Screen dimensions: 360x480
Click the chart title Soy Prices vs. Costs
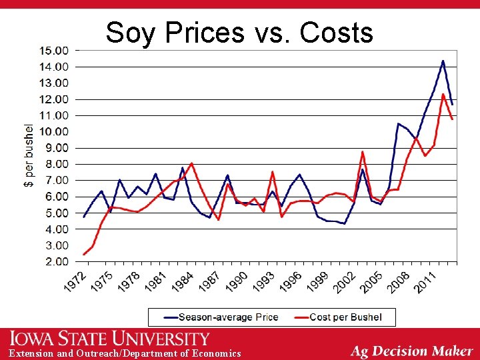click(239, 31)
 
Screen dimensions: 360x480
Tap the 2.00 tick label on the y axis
click(56, 262)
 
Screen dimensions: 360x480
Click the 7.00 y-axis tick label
click(56, 181)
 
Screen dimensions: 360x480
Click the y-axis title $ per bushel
click(29, 155)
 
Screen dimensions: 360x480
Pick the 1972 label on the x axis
click(76, 282)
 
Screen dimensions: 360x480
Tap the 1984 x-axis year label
click(183, 282)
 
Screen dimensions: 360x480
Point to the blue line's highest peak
click(443, 61)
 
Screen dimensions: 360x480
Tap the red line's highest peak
click(443, 94)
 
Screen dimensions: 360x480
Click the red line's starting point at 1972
click(84, 254)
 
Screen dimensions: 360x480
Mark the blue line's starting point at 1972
click(84, 217)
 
